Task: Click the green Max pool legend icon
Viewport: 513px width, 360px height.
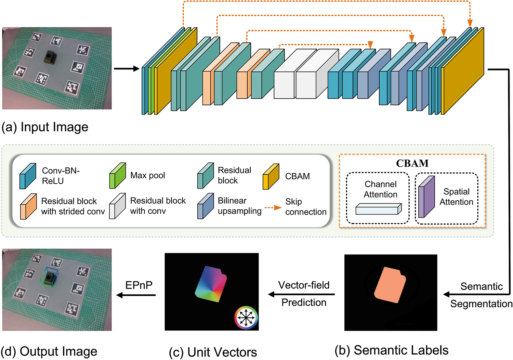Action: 117,176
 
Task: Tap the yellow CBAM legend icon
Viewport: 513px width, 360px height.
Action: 271,177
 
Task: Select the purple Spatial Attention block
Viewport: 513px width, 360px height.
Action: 426,197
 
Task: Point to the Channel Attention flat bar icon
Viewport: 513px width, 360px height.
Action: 378,209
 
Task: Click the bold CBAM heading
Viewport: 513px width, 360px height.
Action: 412,163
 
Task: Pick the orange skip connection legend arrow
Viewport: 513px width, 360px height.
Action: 273,208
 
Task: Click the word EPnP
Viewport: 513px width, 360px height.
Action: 139,285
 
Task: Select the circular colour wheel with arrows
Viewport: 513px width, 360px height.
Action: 246,318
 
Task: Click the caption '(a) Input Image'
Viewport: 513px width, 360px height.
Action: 45,127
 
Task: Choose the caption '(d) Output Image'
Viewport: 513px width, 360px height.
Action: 49,351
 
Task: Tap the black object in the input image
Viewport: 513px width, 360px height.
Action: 51,57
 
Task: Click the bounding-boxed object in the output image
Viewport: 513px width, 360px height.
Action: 51,278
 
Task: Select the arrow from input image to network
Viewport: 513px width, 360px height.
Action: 127,69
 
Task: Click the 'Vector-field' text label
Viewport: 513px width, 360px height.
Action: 304,285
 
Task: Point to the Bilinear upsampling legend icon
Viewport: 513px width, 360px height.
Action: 206,206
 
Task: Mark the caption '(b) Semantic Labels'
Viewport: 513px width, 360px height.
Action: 392,350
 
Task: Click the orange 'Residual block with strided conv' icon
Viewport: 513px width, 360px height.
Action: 28,206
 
